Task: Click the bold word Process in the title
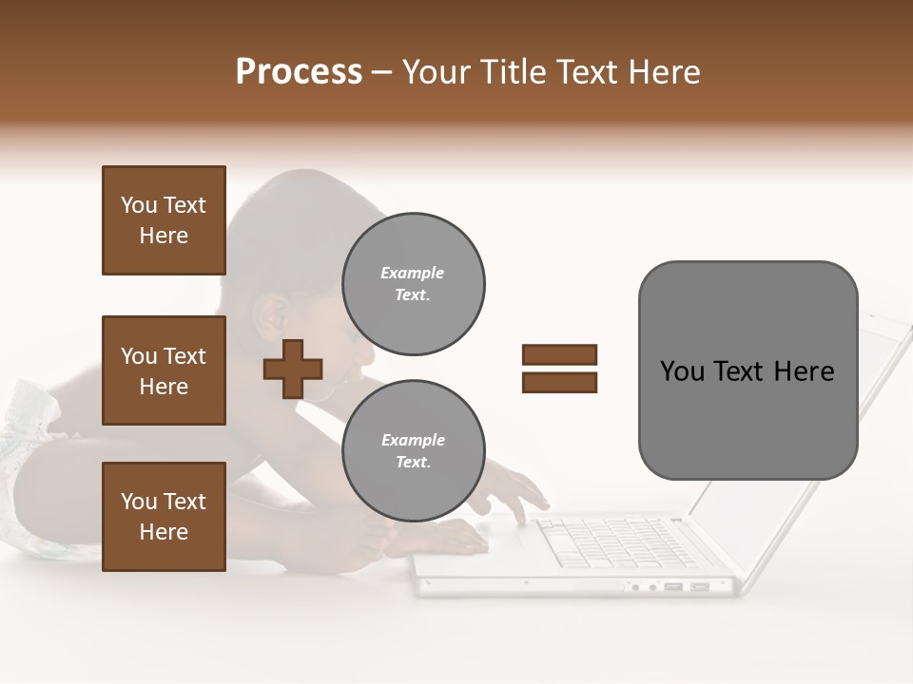299,72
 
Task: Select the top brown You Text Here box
164,220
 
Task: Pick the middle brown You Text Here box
164,370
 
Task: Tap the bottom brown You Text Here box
164,517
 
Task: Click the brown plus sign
293,369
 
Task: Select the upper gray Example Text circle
414,284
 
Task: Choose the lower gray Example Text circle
414,451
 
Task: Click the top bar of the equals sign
559,354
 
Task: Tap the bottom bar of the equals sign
559,383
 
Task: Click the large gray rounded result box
748,370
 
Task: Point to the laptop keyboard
609,541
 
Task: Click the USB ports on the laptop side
686,586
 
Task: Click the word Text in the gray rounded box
746,371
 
